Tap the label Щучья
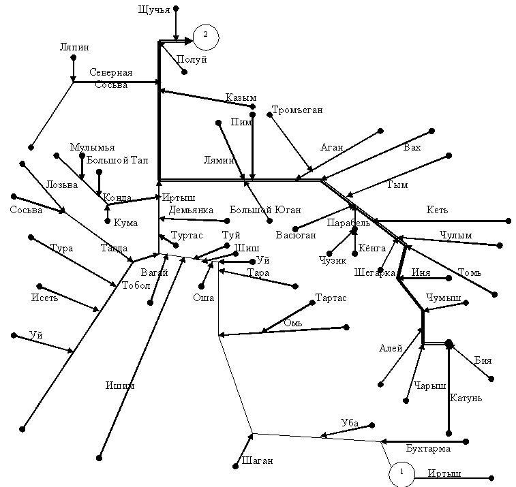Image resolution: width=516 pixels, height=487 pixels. (154, 10)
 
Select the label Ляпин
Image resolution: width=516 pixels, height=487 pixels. (74, 47)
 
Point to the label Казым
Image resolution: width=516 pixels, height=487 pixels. (241, 97)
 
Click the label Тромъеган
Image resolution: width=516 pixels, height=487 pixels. (297, 110)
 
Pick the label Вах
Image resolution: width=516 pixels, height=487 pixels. (412, 147)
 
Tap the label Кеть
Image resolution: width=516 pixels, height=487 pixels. (437, 210)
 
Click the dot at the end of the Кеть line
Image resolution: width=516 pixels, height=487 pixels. (509, 221)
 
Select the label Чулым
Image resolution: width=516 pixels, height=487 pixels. (456, 235)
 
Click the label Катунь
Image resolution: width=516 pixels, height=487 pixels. (466, 398)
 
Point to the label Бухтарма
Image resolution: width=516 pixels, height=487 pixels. (428, 449)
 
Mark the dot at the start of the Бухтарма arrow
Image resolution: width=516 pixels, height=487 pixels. (466, 441)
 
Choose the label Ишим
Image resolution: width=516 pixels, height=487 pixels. (120, 386)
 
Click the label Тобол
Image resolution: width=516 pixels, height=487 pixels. (136, 285)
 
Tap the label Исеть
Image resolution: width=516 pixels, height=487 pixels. (44, 298)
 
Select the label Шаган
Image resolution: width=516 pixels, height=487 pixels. (258, 460)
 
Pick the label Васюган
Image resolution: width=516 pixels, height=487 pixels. (296, 235)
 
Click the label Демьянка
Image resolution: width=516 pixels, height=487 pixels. (191, 210)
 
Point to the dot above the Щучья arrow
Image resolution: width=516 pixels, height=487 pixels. (176, 8)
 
